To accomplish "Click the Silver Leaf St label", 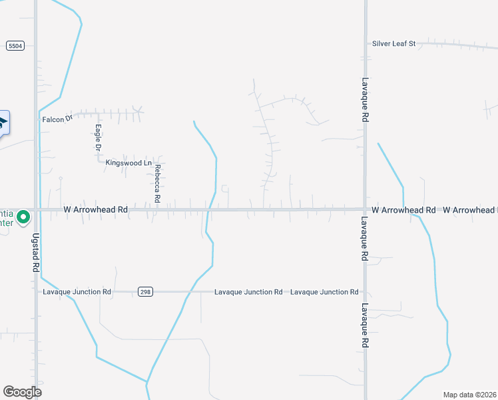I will (x=393, y=43).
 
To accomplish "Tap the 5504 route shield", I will (x=15, y=45).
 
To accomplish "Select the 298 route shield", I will (x=145, y=292).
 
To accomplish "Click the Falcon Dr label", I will (x=57, y=119).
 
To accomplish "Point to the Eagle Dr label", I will (x=98, y=137).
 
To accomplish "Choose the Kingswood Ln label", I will (x=129, y=163).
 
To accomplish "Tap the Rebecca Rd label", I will (x=158, y=184).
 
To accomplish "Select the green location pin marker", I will (x=23, y=217).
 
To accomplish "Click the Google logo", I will (x=22, y=391).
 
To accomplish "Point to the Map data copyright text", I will (x=470, y=395).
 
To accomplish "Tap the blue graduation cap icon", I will (x=3, y=122).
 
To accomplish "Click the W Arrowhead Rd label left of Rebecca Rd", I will (x=95, y=209).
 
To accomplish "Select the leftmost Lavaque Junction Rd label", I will (x=77, y=292).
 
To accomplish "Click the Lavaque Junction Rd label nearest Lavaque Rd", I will (x=325, y=292).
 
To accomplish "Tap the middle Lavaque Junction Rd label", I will (x=248, y=292).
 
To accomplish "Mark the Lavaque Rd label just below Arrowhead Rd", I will (x=365, y=239).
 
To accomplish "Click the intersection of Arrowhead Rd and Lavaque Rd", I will (x=365, y=209).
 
